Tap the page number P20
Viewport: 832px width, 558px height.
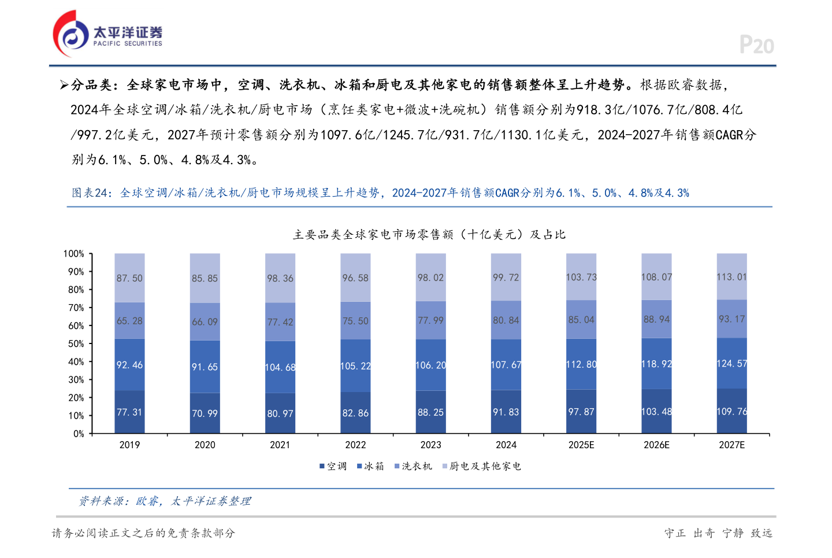coord(756,45)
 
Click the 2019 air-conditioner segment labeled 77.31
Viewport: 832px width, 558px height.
coord(129,412)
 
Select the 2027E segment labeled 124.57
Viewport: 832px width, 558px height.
coord(731,363)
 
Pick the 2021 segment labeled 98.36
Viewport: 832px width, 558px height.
coord(280,278)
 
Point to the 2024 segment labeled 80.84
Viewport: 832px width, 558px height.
coord(506,320)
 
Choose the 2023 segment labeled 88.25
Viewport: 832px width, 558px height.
coord(430,412)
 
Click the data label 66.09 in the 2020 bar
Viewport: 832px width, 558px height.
coord(205,322)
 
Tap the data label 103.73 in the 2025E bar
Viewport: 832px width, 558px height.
coord(581,277)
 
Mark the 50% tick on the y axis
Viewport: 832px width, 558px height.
coord(76,343)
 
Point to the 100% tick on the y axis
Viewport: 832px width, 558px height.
coord(74,254)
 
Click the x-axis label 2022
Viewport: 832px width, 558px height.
coord(355,445)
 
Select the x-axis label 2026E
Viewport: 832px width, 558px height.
coord(656,445)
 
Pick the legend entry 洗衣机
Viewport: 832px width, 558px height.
coord(413,466)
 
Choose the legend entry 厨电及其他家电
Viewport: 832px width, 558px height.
coord(481,466)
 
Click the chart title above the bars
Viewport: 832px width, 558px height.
coord(429,234)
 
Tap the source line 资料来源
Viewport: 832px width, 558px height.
coord(165,501)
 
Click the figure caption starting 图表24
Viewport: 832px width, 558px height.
coord(380,193)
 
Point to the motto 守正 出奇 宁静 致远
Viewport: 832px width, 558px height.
coord(718,533)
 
